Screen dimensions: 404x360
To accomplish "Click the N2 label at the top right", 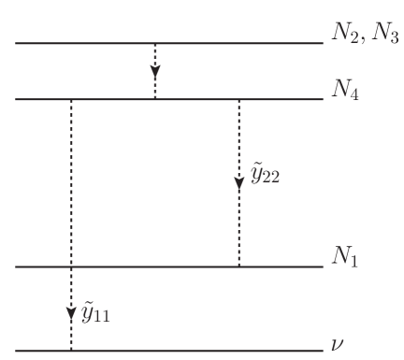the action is (340, 36).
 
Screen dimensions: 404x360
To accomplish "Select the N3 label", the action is (382, 36).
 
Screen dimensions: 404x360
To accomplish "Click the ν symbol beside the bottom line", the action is (338, 345).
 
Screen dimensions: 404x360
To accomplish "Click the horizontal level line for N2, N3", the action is (168, 43).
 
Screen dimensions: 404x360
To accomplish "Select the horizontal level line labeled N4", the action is (168, 99).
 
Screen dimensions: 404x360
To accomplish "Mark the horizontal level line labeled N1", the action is (168, 267).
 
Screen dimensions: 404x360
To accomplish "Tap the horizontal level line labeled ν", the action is (168, 352).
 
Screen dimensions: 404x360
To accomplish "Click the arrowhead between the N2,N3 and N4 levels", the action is (155, 71).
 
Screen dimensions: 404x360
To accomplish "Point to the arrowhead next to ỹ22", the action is (239, 179).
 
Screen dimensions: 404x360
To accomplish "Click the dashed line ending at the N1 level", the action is (239, 224).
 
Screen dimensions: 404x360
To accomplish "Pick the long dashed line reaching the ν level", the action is (71, 187).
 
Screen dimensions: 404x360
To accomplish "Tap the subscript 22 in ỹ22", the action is (272, 179).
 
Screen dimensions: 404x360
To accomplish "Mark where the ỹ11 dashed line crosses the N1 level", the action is (71, 267).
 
